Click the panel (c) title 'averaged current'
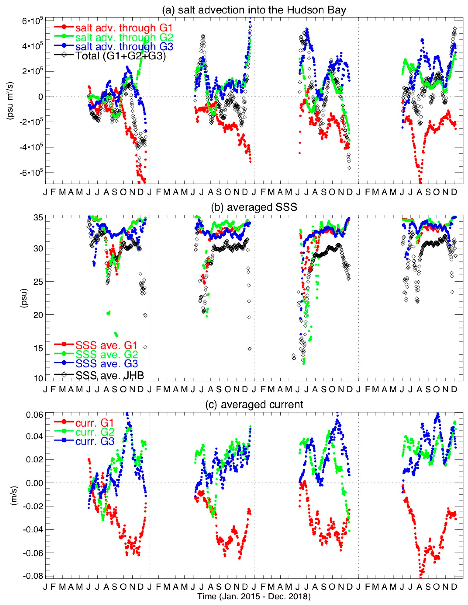point(254,404)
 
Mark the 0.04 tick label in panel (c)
point(33,436)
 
